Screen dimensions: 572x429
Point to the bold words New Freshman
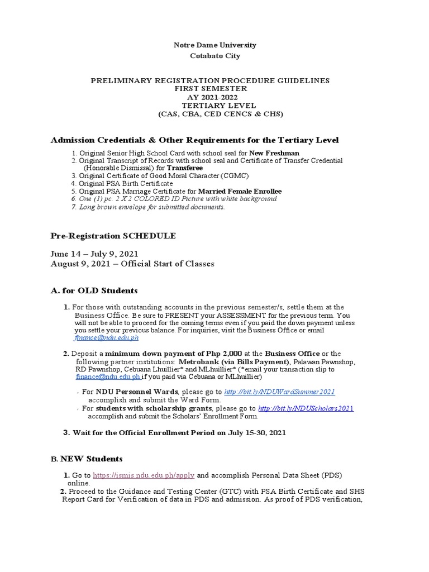(x=274, y=152)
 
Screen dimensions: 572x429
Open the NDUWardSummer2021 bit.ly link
(x=279, y=393)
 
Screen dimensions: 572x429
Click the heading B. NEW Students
(x=87, y=459)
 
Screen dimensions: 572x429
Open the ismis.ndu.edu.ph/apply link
(x=144, y=475)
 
